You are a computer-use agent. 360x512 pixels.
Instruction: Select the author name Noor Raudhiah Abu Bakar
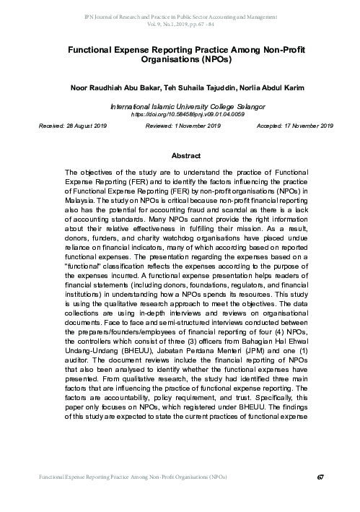pos(114,87)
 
